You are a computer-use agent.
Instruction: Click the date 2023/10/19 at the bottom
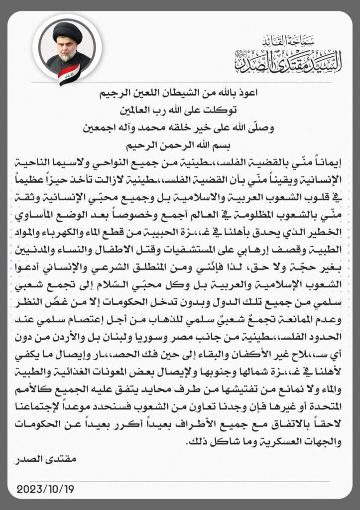click(x=45, y=489)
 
